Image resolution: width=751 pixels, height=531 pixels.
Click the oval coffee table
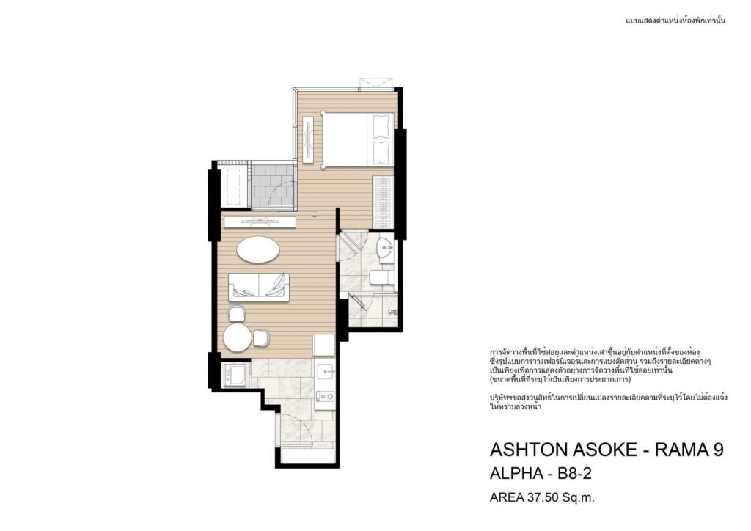(258, 249)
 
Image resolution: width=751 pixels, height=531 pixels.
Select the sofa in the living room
(259, 287)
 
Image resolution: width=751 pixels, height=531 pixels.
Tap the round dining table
(238, 338)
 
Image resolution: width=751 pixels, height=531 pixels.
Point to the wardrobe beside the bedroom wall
(383, 202)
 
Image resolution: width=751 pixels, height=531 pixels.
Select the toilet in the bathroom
(381, 278)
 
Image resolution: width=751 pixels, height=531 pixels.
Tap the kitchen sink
(326, 371)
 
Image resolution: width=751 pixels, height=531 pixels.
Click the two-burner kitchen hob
(326, 395)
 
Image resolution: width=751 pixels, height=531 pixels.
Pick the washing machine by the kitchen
(235, 375)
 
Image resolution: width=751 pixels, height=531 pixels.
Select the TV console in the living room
(260, 222)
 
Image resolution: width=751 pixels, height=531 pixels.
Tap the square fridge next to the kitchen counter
(323, 345)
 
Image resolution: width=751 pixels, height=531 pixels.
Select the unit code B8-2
(575, 474)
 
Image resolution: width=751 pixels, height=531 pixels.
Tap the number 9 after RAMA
(719, 450)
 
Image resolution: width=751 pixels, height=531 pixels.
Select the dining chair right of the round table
(261, 337)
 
